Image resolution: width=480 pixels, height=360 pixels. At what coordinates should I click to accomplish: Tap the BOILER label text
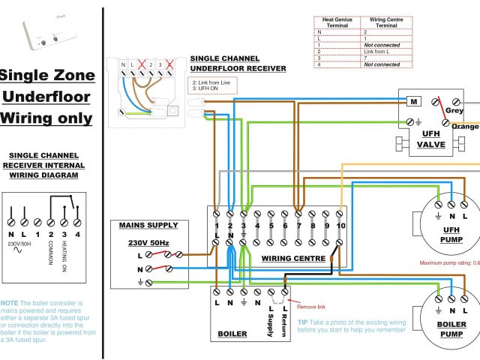coord(232,334)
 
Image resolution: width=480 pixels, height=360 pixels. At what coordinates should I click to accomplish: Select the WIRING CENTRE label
coord(293,259)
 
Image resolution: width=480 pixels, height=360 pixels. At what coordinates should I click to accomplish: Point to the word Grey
coord(454,111)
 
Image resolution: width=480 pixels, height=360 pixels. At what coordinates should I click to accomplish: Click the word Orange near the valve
coord(465,127)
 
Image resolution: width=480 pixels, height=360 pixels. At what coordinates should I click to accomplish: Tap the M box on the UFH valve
coord(412,100)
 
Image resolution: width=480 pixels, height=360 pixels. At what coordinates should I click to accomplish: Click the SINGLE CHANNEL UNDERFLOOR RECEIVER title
coord(238,63)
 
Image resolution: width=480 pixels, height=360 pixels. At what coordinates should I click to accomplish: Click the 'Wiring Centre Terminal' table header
coord(386,22)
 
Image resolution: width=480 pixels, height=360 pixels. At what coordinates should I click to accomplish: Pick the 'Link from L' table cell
coord(379,51)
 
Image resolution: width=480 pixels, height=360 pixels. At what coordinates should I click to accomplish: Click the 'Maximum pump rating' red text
coord(448,262)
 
